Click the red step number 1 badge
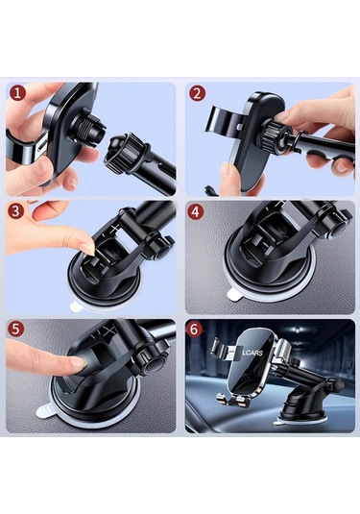pyautogui.click(x=17, y=93)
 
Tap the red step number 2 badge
pyautogui.click(x=197, y=93)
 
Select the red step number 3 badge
pyautogui.click(x=16, y=211)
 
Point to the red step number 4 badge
pyautogui.click(x=195, y=211)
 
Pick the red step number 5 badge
pyautogui.click(x=16, y=329)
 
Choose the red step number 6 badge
pyautogui.click(x=194, y=330)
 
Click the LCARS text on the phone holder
pyautogui.click(x=252, y=353)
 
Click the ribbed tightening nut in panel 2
pyautogui.click(x=271, y=135)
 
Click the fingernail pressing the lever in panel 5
pyautogui.click(x=80, y=361)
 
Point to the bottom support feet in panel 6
pyautogui.click(x=233, y=400)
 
